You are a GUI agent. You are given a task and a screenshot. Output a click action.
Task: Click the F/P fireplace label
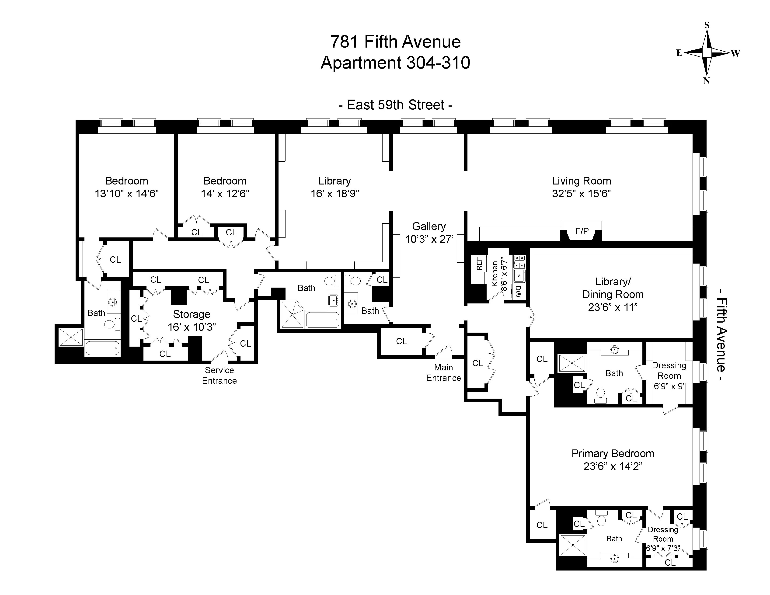click(582, 231)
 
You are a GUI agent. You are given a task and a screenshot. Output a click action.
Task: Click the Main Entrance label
click(443, 372)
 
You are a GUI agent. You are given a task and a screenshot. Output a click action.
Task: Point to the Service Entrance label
click(219, 375)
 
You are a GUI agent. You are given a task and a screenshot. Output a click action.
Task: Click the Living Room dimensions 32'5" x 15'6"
click(581, 194)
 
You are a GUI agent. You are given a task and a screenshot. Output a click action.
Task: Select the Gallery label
click(429, 226)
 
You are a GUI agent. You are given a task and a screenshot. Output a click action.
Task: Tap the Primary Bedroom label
click(612, 454)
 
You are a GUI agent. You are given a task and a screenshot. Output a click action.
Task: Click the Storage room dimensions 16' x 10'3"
click(192, 327)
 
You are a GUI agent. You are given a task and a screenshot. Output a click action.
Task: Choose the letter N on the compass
click(706, 81)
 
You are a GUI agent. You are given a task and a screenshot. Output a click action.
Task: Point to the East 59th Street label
click(395, 105)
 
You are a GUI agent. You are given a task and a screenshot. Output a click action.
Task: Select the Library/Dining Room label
click(613, 288)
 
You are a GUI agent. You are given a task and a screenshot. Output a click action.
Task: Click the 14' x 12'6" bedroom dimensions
click(225, 194)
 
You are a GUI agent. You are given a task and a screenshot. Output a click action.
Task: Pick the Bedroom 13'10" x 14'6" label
click(127, 187)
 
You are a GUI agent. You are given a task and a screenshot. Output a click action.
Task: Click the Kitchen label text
click(495, 274)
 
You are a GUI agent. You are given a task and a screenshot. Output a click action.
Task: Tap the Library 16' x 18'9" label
click(334, 187)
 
